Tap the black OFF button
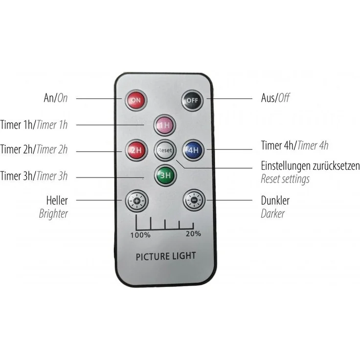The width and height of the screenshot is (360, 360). click(192, 100)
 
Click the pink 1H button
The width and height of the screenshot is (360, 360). click(165, 125)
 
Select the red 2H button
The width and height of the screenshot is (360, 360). click(136, 150)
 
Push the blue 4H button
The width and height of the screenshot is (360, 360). click(193, 150)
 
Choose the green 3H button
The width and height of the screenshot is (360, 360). click(165, 176)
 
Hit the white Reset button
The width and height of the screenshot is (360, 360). click(165, 150)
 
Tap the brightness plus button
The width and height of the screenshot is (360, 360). click(137, 201)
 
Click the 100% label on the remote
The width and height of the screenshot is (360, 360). click(140, 235)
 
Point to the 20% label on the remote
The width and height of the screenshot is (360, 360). click(193, 234)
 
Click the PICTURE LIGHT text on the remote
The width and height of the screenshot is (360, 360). click(166, 256)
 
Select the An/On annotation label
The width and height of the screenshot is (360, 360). click(56, 98)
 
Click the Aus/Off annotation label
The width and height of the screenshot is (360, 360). click(275, 98)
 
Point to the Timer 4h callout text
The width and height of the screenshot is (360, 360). click(294, 145)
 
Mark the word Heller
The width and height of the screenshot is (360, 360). click(57, 201)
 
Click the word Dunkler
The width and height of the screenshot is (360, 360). click(275, 201)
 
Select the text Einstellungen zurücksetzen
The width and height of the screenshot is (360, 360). click(311, 166)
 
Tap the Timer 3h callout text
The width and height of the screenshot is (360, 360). click(34, 176)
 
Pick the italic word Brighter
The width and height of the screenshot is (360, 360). click(53, 214)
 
